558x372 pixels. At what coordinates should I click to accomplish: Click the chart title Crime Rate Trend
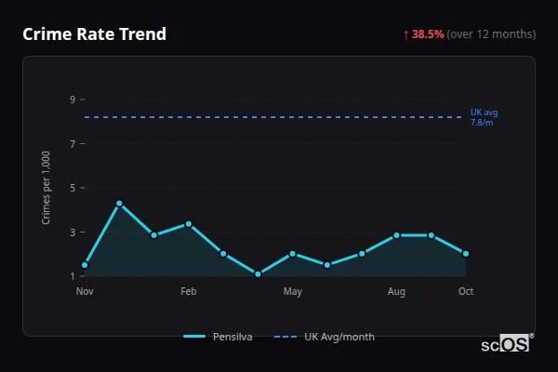tap(94, 34)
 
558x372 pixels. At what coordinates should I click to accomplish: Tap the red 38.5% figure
tap(428, 34)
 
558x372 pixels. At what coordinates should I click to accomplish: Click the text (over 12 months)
tap(491, 34)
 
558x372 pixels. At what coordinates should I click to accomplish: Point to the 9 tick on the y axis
tap(73, 100)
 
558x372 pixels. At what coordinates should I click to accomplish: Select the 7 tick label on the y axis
tap(73, 144)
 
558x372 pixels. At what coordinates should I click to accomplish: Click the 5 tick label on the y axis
tap(73, 188)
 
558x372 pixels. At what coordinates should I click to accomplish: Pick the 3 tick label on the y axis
tap(73, 232)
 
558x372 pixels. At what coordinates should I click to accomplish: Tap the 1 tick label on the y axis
tap(73, 276)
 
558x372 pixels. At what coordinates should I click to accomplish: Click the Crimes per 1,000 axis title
tap(46, 187)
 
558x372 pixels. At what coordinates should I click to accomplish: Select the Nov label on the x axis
tap(85, 292)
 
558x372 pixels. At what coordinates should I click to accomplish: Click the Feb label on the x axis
tap(189, 292)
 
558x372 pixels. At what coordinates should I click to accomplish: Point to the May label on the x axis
tap(293, 292)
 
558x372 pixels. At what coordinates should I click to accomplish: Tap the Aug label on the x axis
tap(396, 292)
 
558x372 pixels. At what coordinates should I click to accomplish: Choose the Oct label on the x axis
tap(466, 292)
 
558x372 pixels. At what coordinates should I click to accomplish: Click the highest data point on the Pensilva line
tap(119, 203)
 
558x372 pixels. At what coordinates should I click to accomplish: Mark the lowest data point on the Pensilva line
tap(258, 274)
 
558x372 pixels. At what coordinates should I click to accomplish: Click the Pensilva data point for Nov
tap(85, 265)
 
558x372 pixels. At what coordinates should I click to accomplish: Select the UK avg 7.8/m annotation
tap(484, 117)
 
